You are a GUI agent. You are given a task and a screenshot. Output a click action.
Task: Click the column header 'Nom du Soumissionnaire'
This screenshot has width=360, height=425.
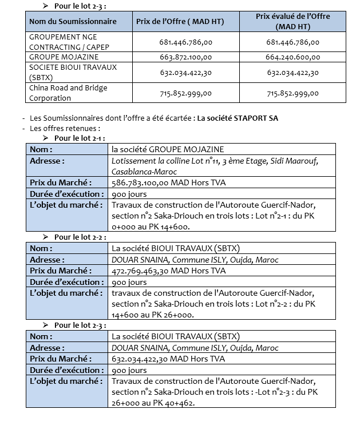(x=73, y=21)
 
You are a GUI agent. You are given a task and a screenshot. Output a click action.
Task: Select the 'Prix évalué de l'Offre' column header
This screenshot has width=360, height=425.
(x=292, y=21)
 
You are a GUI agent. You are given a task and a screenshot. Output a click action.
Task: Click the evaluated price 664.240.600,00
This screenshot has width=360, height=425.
(x=293, y=57)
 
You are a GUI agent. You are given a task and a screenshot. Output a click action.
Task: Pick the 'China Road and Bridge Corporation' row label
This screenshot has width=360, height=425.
(x=68, y=93)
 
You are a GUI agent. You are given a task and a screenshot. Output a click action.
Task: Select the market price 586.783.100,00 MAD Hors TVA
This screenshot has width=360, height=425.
(x=169, y=182)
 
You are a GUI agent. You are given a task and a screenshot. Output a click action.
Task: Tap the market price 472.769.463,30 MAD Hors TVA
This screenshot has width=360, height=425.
(x=169, y=271)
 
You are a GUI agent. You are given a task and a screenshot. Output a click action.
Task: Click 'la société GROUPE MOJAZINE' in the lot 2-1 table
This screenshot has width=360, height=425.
(x=168, y=149)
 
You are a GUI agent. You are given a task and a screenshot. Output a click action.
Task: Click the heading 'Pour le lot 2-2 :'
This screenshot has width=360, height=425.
(x=80, y=237)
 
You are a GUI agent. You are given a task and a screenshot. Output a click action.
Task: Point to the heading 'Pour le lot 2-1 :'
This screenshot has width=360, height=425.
(x=80, y=138)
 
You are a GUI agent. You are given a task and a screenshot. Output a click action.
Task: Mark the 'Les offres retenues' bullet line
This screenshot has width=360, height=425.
(x=65, y=128)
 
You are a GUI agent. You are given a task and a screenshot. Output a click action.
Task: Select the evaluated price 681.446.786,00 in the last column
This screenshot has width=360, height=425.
(x=293, y=42)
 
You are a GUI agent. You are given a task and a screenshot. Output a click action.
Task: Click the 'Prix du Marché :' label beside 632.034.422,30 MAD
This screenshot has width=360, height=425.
(x=61, y=359)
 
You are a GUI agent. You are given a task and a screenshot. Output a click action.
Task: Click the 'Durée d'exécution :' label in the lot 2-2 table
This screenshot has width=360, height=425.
(x=66, y=282)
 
